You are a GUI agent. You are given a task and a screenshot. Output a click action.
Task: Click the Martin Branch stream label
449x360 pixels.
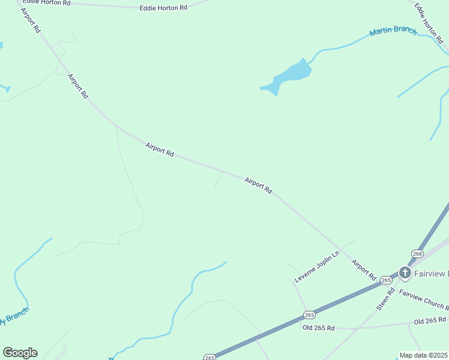393,31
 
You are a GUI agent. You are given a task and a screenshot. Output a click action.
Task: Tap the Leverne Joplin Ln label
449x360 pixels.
317,267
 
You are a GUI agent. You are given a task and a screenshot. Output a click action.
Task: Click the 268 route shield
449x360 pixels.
418,254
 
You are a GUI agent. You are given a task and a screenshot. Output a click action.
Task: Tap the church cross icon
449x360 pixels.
405,274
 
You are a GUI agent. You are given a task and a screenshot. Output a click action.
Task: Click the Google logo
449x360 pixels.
20,353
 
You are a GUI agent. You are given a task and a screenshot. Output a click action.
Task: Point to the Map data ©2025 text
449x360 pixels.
424,355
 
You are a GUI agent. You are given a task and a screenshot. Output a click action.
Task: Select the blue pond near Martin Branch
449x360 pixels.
290,76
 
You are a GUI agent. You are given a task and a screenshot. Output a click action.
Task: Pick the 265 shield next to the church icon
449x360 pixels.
386,280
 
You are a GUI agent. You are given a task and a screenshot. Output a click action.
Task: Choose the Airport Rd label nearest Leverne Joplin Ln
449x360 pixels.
364,270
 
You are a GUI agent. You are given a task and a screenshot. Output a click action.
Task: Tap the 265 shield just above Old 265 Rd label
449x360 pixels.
309,315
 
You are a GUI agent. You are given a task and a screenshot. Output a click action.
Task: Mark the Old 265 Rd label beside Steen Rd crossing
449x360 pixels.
319,328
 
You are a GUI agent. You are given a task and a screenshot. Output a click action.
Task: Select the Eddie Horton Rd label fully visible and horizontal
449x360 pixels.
163,8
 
